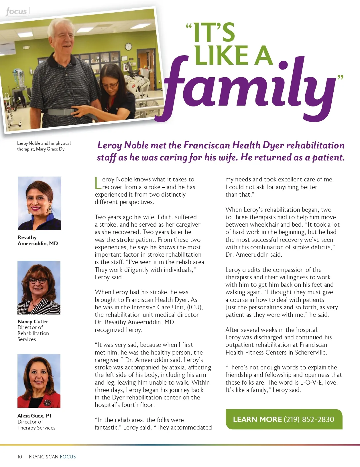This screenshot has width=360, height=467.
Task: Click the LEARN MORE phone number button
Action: [x=284, y=419]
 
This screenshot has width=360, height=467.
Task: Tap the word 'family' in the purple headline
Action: [x=249, y=86]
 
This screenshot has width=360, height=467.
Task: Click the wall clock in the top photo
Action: [x=128, y=46]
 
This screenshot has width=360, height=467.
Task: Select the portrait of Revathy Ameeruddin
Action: [x=39, y=203]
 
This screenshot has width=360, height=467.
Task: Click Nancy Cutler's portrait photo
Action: [x=39, y=287]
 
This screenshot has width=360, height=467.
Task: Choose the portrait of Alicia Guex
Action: [x=39, y=381]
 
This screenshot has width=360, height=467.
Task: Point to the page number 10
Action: [x=20, y=457]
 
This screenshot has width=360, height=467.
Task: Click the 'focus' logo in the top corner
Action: [x=17, y=12]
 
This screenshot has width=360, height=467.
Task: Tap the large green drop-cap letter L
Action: [x=98, y=183]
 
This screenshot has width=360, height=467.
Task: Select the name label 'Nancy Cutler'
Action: [x=33, y=321]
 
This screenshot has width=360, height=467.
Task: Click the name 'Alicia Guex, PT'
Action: [x=35, y=415]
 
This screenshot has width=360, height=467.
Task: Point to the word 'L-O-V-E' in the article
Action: [x=311, y=382]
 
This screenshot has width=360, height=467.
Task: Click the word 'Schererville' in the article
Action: [x=311, y=352]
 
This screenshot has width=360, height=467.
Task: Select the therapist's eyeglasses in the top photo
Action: [x=110, y=84]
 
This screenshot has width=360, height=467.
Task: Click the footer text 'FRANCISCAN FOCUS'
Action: [x=52, y=457]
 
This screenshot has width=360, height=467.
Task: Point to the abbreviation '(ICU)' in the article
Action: [x=195, y=307]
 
